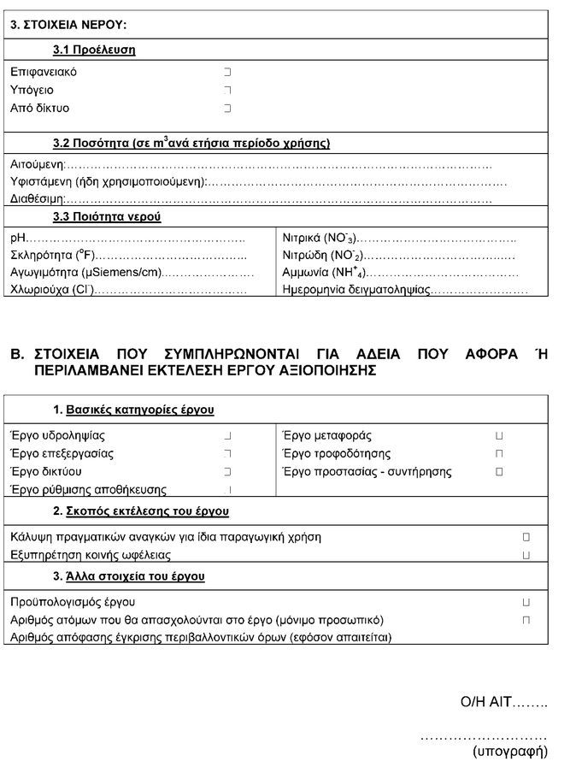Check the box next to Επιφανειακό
click(x=227, y=73)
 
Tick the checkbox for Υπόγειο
click(x=227, y=91)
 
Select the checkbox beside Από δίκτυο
click(x=227, y=109)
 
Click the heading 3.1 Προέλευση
click(x=94, y=50)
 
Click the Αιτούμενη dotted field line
click(x=279, y=163)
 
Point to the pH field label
click(x=18, y=237)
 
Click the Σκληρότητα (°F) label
click(x=52, y=255)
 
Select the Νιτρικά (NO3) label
click(x=320, y=237)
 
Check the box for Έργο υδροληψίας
click(x=227, y=436)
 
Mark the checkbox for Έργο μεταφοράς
click(x=500, y=436)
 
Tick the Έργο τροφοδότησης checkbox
click(x=500, y=454)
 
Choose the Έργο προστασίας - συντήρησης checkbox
click(x=500, y=472)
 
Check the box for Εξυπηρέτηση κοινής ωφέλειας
click(x=526, y=555)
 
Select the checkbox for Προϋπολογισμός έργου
click(x=526, y=602)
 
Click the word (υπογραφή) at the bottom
click(x=509, y=752)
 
